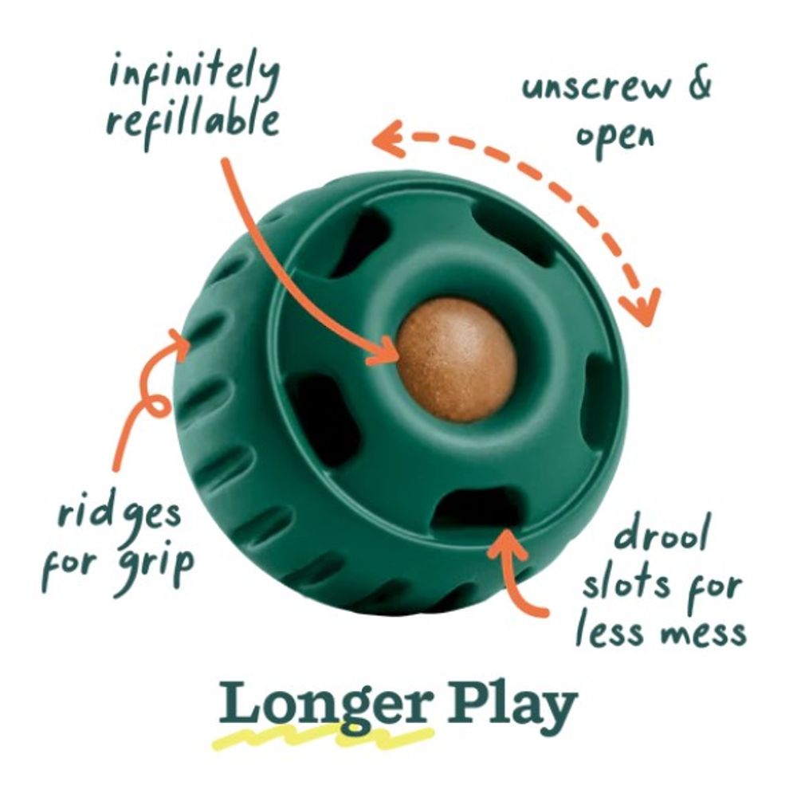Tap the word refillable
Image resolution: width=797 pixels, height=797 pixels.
coord(193,122)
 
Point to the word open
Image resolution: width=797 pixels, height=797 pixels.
coord(614,135)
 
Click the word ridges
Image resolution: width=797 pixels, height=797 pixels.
coord(120,513)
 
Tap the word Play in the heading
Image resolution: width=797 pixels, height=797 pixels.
coord(512,706)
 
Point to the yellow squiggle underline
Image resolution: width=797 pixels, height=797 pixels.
coord(324,738)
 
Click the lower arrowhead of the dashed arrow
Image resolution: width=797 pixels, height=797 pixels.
coord(642,308)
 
